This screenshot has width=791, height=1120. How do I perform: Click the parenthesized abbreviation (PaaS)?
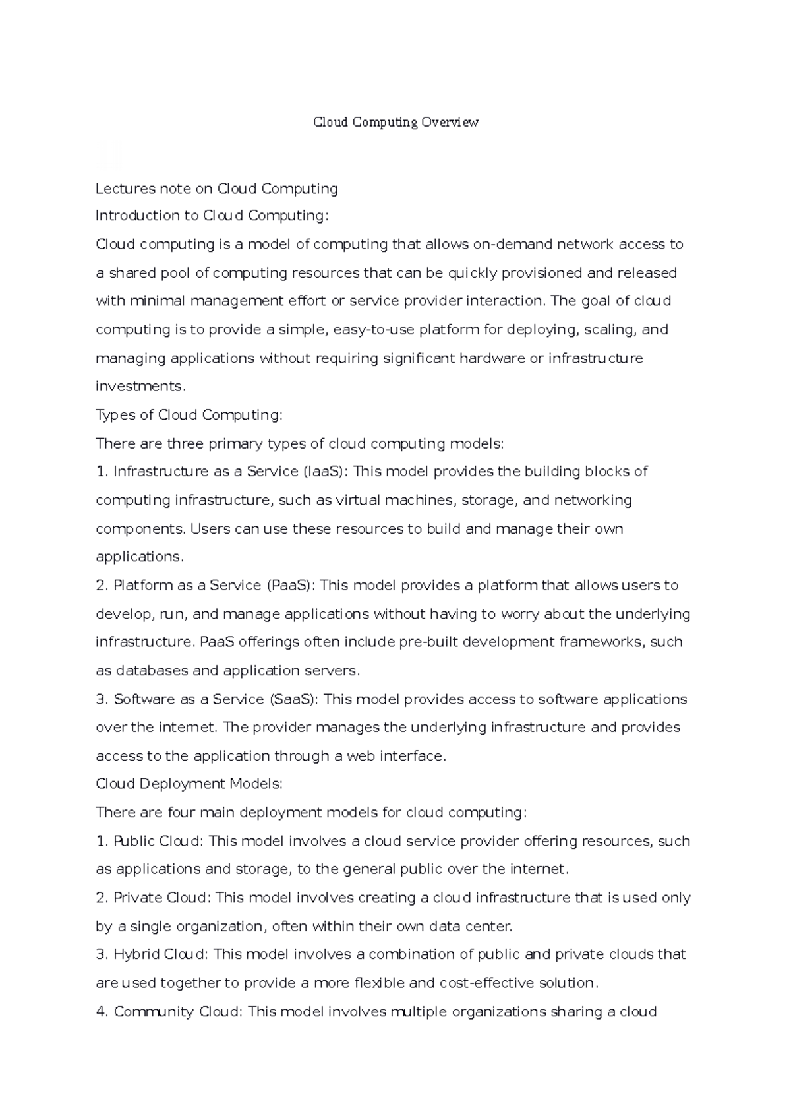pos(291,586)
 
